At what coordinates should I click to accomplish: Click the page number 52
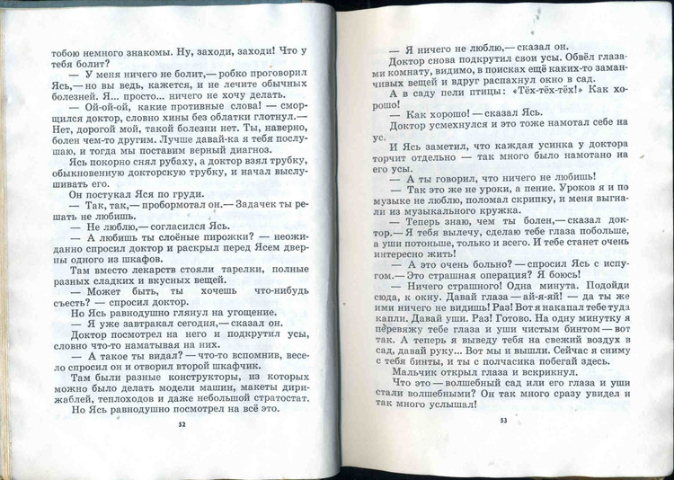182,423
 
